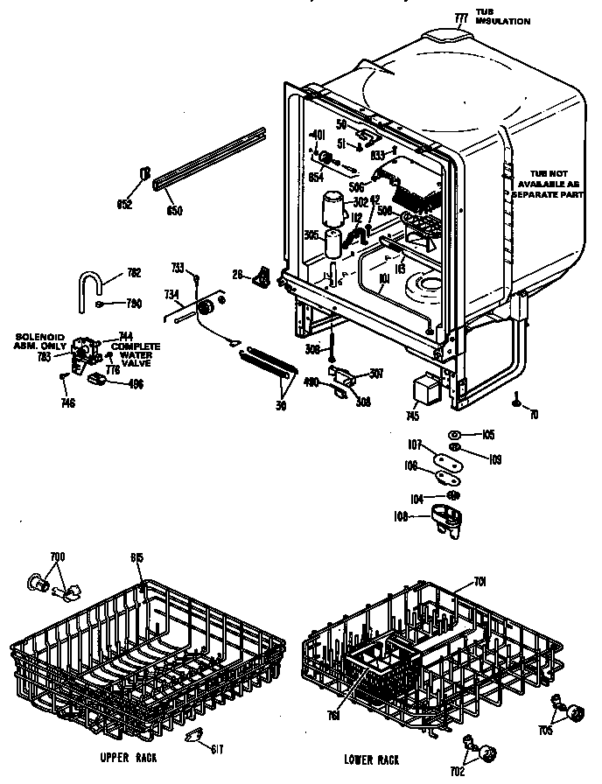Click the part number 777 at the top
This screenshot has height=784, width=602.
(462, 17)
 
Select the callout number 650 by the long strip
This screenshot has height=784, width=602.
(174, 210)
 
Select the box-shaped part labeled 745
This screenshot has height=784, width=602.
(426, 386)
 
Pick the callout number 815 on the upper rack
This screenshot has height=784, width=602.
(136, 558)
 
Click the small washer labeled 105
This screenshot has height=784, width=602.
(457, 434)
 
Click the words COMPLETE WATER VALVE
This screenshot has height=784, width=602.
(134, 355)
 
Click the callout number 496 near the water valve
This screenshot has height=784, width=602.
(134, 383)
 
